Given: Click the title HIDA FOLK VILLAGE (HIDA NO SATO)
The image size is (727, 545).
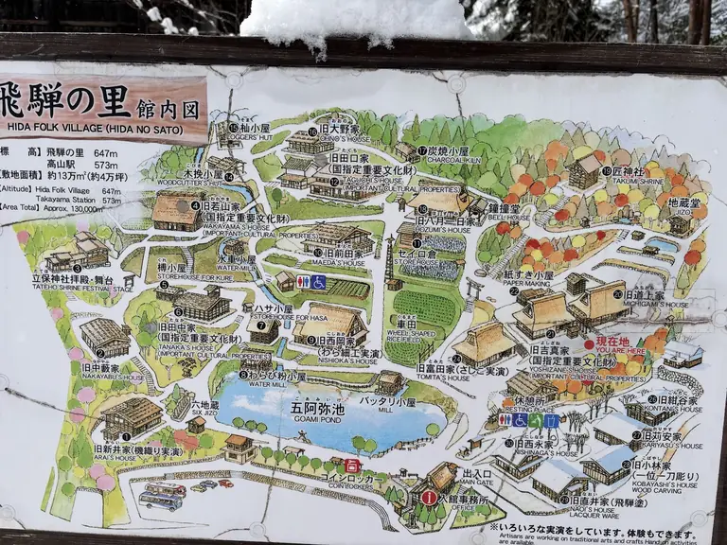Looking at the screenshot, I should pos(103,135).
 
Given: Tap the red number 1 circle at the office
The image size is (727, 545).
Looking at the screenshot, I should pos(429,498).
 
